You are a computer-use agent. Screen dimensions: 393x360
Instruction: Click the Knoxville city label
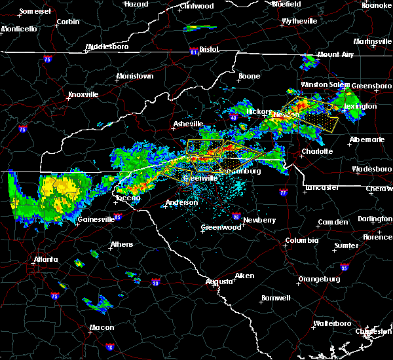[83, 94]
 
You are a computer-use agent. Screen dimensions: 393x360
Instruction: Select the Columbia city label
[301, 240]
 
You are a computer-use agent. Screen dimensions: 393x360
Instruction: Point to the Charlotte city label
[318, 151]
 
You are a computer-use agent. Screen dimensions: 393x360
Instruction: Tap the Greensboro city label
[372, 86]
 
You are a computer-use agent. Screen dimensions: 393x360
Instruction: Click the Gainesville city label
[96, 219]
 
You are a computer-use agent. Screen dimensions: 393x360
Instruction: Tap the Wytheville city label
[299, 21]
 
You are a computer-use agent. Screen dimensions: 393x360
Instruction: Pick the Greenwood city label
[221, 227]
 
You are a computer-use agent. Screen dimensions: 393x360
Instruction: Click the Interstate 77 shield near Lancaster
[283, 193]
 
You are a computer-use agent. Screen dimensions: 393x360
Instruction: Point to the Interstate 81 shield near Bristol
[193, 50]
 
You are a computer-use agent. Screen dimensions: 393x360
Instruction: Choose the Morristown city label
[135, 77]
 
